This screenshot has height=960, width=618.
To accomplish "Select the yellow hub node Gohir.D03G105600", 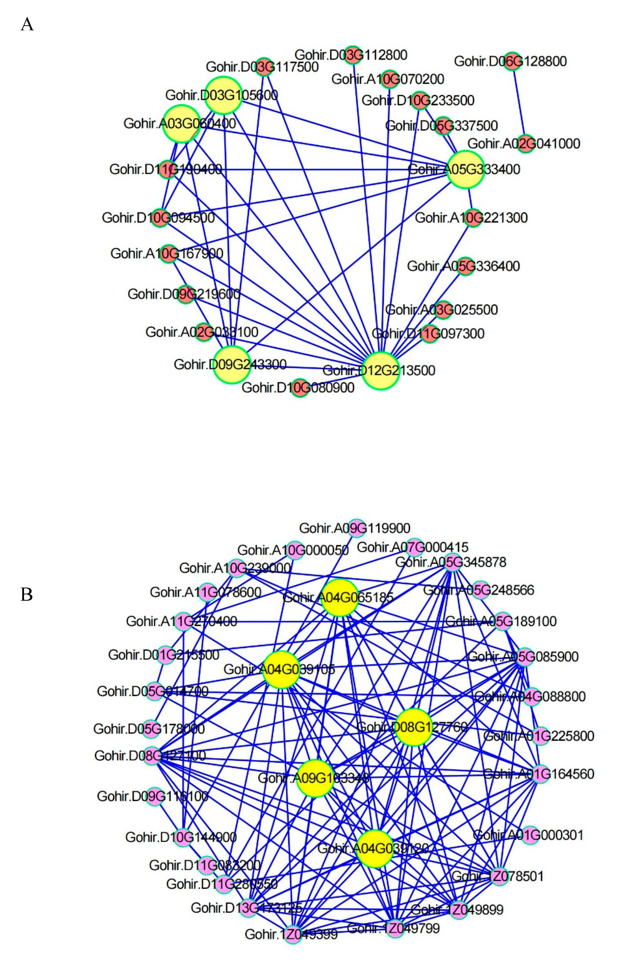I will pyautogui.click(x=223, y=95).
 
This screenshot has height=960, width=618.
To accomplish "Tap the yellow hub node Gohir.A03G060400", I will pyautogui.click(x=181, y=123).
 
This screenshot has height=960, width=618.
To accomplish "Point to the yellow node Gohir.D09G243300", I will pyautogui.click(x=232, y=364).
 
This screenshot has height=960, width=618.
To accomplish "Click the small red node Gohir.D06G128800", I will pyautogui.click(x=512, y=61).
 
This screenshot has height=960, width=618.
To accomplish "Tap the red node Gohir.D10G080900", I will pyautogui.click(x=300, y=387).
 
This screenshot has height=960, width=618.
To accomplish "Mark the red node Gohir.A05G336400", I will pyautogui.click(x=465, y=266).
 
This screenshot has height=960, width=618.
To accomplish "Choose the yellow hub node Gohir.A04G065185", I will pyautogui.click(x=339, y=597).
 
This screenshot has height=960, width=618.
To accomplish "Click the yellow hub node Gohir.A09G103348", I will pyautogui.click(x=316, y=778).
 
